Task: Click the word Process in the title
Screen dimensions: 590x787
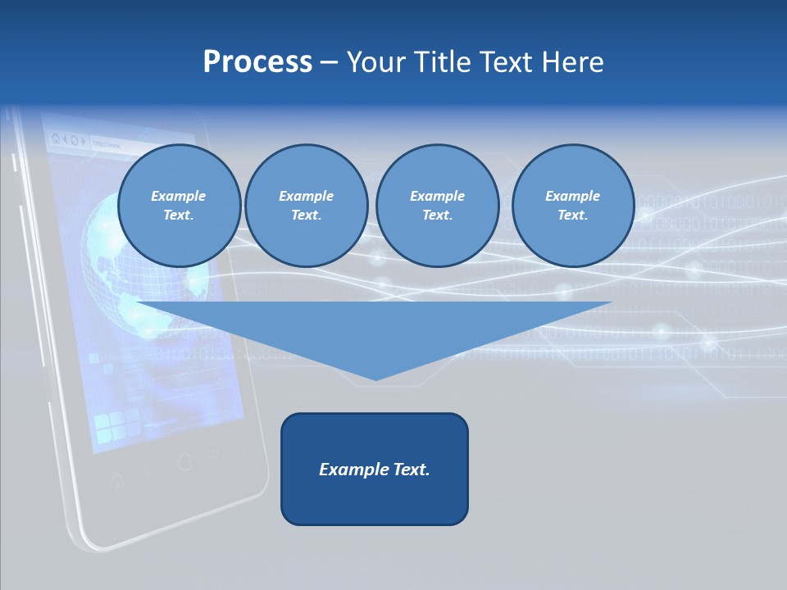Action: [x=257, y=62]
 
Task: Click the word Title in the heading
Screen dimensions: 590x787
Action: [x=444, y=62]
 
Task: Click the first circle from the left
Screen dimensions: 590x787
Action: [x=179, y=206]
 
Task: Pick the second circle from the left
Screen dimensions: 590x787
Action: [x=306, y=206]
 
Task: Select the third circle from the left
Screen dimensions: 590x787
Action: [x=437, y=206]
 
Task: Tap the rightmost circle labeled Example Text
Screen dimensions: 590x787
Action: [x=572, y=206]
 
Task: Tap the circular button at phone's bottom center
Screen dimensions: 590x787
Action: [x=184, y=462]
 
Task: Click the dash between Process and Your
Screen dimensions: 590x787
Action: [x=330, y=62]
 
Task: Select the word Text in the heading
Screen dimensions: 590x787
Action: [x=506, y=62]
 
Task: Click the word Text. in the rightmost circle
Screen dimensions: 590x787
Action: [x=572, y=216]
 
